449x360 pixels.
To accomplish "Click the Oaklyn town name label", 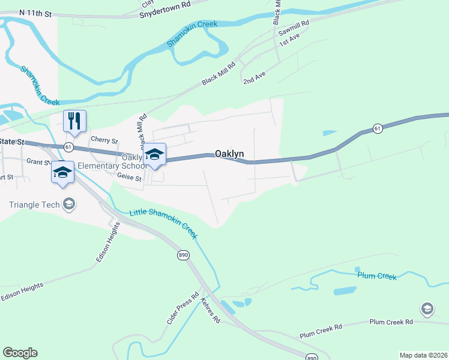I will click(x=229, y=154).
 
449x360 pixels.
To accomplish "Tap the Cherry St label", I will click(x=104, y=140).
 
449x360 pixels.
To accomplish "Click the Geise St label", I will click(x=129, y=178).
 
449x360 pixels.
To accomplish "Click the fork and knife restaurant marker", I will click(x=75, y=121).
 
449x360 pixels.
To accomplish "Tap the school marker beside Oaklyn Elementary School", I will click(x=154, y=154).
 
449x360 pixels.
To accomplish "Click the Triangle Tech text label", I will click(x=34, y=205).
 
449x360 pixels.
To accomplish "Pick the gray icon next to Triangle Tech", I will click(x=69, y=205).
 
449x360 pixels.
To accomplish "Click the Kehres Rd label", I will click(x=211, y=310).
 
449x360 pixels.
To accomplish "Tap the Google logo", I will click(x=20, y=353).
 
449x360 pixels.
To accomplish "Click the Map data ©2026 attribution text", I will click(x=423, y=355).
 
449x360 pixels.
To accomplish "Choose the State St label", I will click(x=12, y=142).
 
